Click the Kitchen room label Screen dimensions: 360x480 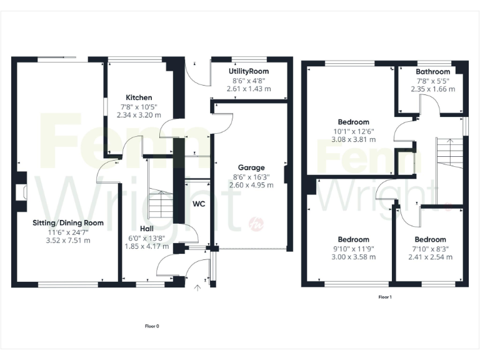[139, 97]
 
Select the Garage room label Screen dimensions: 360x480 [251, 167]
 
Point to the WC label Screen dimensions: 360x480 [199, 204]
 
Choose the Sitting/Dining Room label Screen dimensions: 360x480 [68, 222]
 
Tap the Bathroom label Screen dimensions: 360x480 [433, 72]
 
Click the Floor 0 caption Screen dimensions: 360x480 [152, 326]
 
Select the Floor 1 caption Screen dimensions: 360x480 [385, 297]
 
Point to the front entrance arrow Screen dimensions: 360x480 [198, 288]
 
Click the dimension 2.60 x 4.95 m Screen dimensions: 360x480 [251, 185]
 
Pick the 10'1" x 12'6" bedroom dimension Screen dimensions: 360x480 [353, 131]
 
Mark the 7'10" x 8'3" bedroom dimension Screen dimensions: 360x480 [430, 248]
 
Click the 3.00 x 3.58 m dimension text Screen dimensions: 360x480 [353, 257]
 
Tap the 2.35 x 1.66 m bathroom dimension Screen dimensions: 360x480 [433, 89]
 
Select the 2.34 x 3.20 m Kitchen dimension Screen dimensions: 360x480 [139, 115]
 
